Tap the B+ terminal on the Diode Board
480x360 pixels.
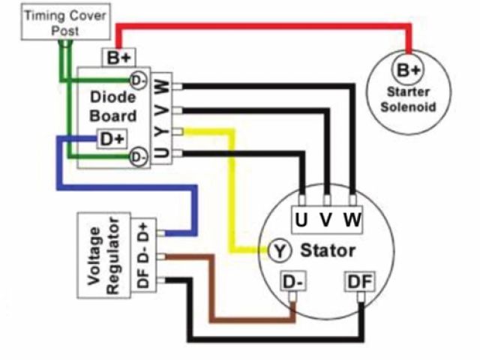(x=118, y=57)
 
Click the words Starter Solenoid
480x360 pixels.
(x=409, y=100)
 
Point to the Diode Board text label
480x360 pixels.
(x=112, y=106)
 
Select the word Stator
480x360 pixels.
(x=327, y=249)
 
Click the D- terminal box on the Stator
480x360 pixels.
(x=293, y=283)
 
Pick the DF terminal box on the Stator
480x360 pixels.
(x=359, y=283)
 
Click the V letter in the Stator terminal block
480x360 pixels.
(x=326, y=220)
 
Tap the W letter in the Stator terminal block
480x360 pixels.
(x=352, y=220)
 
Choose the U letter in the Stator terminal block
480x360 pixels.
(x=301, y=220)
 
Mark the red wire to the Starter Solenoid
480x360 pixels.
(x=262, y=28)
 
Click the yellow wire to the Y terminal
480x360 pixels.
(x=232, y=187)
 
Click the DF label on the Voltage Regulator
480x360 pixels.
(x=143, y=283)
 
